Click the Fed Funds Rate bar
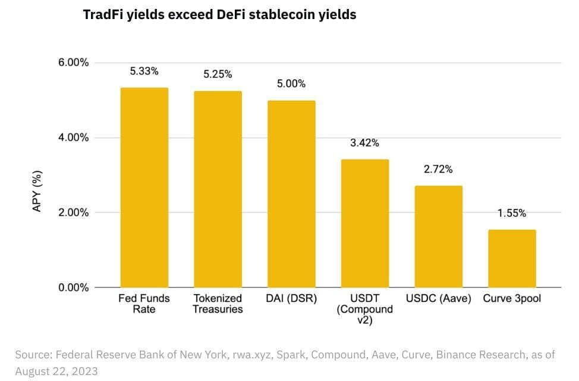tap(144, 188)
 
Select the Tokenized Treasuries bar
tap(218, 189)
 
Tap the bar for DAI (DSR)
tap(291, 194)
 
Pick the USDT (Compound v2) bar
tap(365, 223)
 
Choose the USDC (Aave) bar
tap(438, 236)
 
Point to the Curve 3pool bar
tap(512, 258)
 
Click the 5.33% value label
tap(144, 71)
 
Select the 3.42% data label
tap(364, 143)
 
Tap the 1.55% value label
tap(512, 213)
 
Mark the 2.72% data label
tap(438, 169)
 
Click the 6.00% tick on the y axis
tap(74, 63)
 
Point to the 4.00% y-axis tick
tap(74, 138)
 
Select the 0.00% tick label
tap(74, 288)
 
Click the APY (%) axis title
tap(37, 191)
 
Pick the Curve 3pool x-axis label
tap(512, 298)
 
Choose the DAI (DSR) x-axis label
tap(291, 298)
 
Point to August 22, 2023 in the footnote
tap(56, 371)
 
